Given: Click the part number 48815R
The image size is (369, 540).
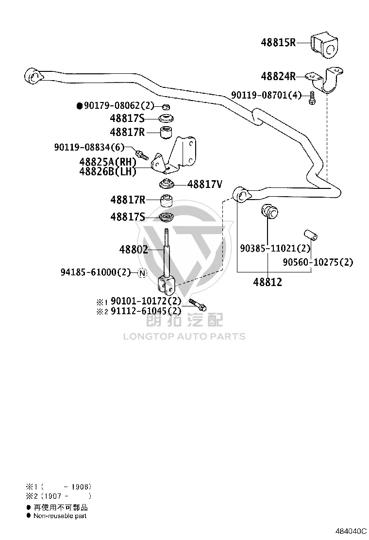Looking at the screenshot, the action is click(x=278, y=43).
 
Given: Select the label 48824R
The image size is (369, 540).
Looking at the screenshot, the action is click(x=278, y=76).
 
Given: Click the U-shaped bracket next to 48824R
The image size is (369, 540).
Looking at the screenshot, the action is click(x=325, y=80).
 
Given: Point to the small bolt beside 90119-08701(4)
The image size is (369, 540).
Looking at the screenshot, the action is click(x=312, y=98).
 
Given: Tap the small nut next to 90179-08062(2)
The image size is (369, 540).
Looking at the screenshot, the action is click(x=165, y=106).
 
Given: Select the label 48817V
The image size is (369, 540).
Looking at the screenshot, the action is click(x=204, y=184).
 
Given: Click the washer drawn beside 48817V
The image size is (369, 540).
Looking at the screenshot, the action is click(x=167, y=184).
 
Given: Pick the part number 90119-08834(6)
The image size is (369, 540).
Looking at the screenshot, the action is click(x=89, y=147).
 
